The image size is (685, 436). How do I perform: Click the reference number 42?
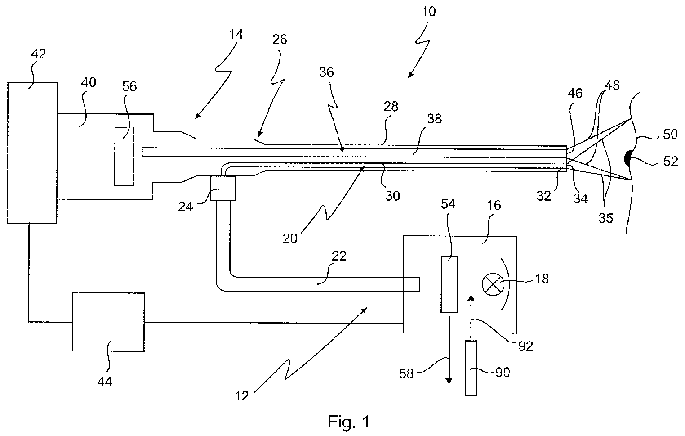pos(39,54)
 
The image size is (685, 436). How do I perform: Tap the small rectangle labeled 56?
pos(124,157)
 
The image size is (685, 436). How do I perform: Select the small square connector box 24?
pos(223,188)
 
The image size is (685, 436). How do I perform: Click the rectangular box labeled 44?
pos(108,322)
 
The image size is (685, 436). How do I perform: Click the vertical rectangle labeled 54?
pos(449,284)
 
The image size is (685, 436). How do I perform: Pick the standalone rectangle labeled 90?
pos(471,369)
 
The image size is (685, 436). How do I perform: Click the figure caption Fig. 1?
pos(349,422)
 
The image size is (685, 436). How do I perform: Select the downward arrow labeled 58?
pos(449,350)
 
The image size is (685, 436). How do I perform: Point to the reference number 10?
pos(429,12)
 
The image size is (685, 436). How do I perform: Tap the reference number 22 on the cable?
pos(339,256)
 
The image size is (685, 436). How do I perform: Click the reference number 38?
pos(434,119)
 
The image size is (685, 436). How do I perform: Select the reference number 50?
pos(670,135)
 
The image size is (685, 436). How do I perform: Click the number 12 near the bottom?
pos(242,396)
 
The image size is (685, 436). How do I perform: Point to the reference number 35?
pos(606,218)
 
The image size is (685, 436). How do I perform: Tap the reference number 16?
pos(494,205)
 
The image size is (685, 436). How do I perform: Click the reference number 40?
pos(89,82)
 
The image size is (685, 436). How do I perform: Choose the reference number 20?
pos(289,238)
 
